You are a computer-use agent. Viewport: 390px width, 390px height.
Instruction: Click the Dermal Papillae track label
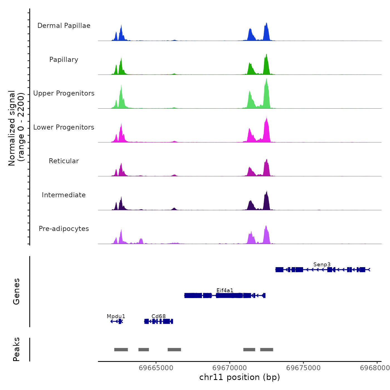64,26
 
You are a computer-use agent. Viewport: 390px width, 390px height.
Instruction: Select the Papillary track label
64,60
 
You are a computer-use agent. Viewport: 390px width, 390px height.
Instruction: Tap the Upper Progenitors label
64,93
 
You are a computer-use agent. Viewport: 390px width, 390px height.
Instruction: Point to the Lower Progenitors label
64,127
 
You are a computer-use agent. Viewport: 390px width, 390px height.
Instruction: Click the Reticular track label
64,161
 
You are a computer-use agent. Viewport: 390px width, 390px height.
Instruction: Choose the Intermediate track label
64,195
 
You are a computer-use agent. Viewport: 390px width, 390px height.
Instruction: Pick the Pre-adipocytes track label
64,229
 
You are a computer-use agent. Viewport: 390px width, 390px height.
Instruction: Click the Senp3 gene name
322,264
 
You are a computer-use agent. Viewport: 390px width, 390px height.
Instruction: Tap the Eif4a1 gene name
225,290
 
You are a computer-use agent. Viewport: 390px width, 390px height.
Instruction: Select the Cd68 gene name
159,316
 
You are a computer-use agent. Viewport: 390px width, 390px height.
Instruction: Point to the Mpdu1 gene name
116,316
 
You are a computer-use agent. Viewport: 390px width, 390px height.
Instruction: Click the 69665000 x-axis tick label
156,368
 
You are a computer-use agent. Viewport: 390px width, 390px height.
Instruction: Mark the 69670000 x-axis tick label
230,368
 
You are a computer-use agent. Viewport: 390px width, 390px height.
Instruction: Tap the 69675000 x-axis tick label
303,368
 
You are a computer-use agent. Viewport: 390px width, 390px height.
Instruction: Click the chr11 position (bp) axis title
240,377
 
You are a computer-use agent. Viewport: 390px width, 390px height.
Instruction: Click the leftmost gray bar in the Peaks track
121,350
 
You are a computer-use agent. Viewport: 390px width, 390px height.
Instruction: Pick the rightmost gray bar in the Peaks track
267,350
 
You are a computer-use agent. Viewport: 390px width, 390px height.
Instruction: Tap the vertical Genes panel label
16,291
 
